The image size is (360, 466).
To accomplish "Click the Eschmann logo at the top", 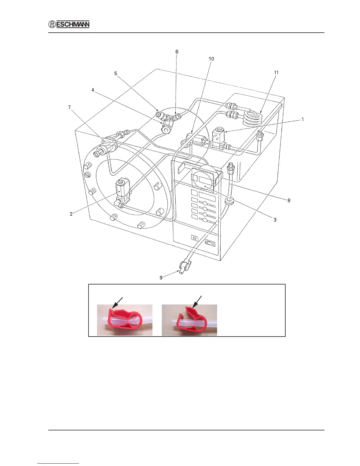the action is coord(69,24).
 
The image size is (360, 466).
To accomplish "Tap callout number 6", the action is coord(177,52).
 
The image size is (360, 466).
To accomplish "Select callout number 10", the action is coord(211,59).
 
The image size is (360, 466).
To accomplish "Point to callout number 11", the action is coord(276,73).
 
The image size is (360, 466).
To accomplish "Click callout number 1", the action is coord(303,119).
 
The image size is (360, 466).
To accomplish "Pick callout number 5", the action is coord(116,74).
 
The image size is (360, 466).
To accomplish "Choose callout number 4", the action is coord(93,90).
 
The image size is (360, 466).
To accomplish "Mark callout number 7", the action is coord(69,107).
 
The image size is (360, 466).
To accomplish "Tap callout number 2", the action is coord(71,214).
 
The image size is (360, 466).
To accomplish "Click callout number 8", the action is coord(289,201).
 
